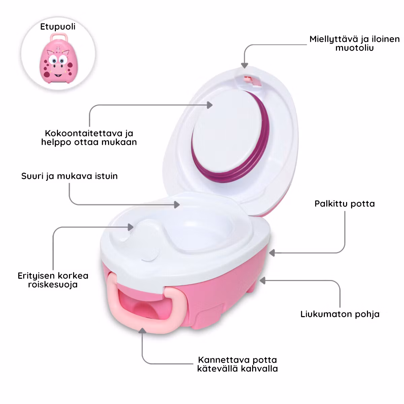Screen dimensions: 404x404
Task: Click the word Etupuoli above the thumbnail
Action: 58,27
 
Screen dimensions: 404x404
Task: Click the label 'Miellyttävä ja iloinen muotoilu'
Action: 355,43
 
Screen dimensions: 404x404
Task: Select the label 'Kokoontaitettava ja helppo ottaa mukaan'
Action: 89,137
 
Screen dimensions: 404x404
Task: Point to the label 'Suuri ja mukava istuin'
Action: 69,176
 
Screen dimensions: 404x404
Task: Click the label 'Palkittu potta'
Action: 344,204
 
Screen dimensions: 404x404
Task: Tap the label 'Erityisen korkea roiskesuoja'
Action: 53,280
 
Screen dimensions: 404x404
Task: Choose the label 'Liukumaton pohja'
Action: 340,314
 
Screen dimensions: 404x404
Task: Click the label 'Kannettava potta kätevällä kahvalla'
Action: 238,364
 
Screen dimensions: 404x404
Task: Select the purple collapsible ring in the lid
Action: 261,148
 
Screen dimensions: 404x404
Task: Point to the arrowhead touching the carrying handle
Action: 142,330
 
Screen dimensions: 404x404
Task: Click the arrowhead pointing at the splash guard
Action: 131,227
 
